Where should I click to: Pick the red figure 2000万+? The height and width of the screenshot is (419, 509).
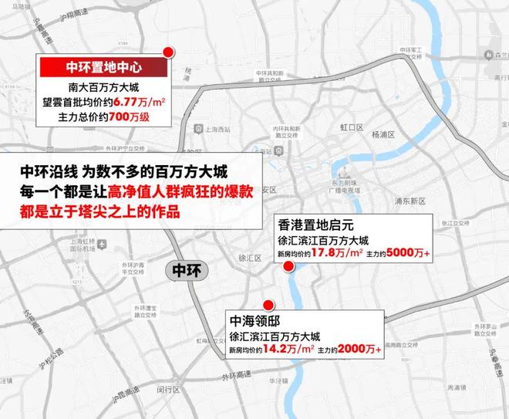pyautogui.click(x=361, y=350)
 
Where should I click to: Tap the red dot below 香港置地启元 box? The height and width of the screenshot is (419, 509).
pyautogui.click(x=288, y=267)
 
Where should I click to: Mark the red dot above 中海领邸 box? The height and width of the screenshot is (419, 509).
pyautogui.click(x=266, y=303)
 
